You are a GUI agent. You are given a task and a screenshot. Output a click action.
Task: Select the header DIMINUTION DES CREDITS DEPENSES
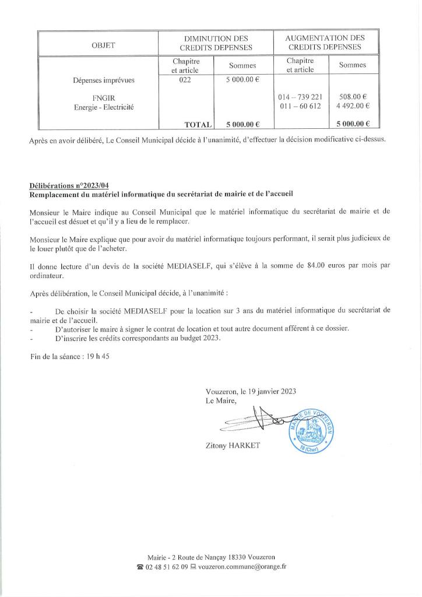coord(216,43)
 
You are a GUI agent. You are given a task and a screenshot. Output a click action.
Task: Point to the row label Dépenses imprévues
coord(104,80)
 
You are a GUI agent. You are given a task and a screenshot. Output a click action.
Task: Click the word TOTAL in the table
coord(196,124)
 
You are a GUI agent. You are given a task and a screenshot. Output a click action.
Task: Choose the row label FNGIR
coord(104,97)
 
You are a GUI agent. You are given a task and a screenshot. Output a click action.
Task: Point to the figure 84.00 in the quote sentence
coord(313,266)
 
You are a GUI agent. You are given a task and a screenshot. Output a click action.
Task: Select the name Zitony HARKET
coord(232,446)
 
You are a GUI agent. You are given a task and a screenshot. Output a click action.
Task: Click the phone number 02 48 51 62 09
coord(167,566)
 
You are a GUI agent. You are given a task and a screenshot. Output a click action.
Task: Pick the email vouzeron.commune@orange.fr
coord(242,566)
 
